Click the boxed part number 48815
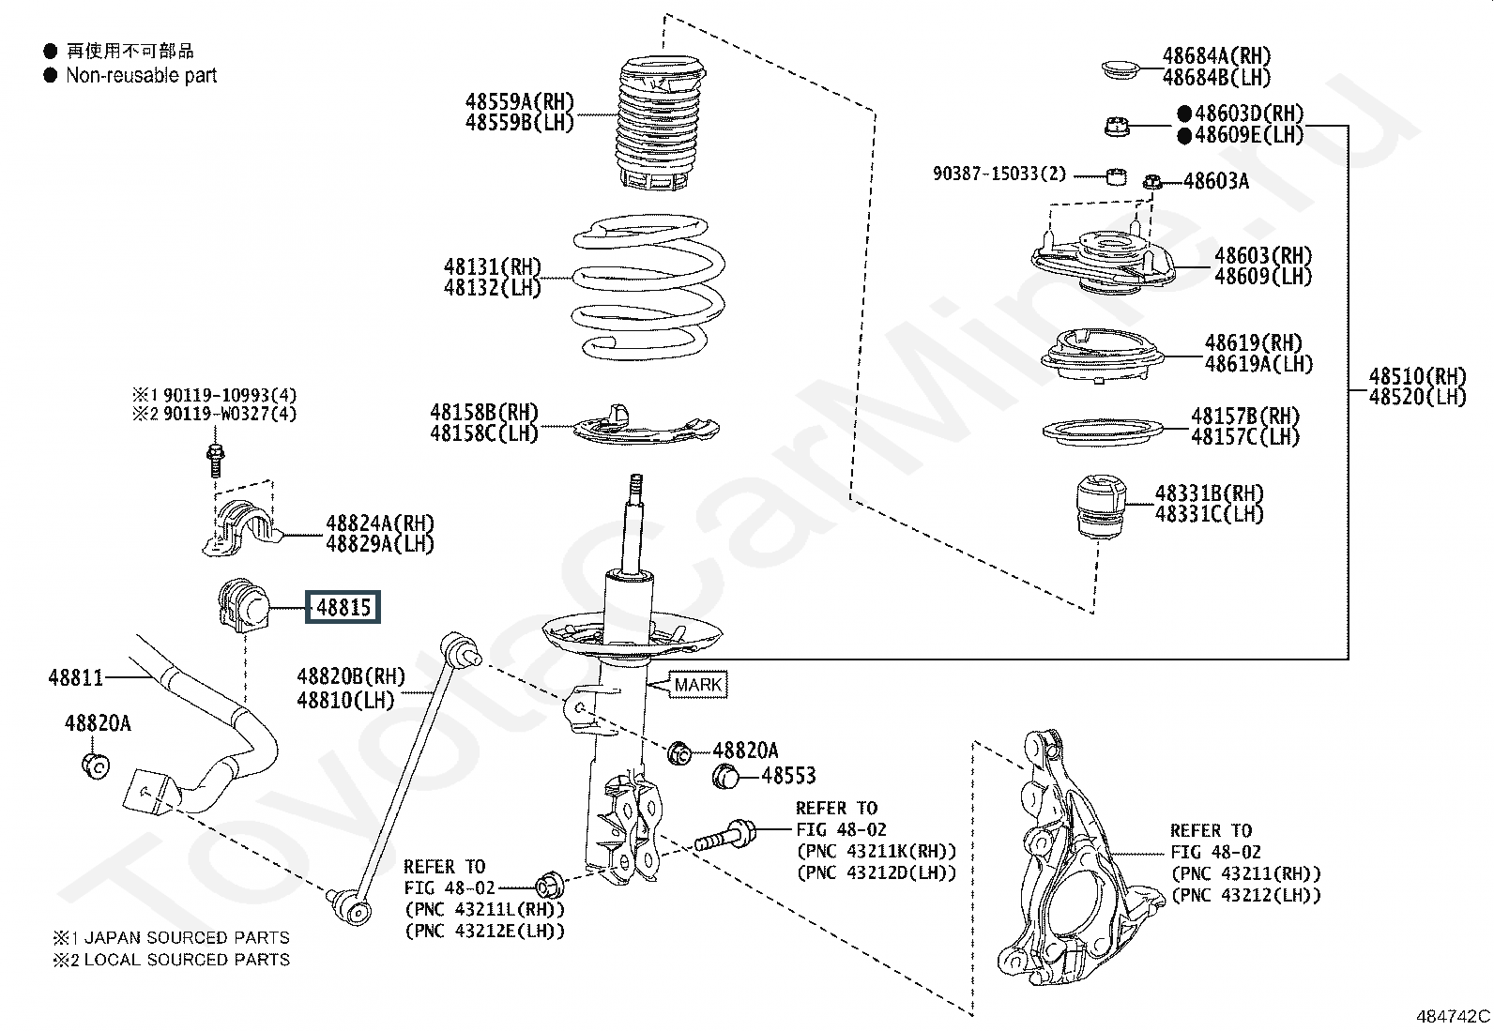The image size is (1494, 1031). pos(343,607)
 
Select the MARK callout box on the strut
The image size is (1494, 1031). pos(697,685)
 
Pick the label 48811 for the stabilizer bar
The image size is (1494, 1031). pos(75,676)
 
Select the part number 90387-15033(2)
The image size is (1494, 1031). pos(999,174)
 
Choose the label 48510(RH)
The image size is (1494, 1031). pos(1417,376)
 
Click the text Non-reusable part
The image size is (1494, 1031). pos(141,75)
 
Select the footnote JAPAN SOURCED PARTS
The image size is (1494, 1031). pos(186,937)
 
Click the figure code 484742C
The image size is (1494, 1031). pos(1453,1016)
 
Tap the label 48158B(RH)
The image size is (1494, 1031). pos(484,412)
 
